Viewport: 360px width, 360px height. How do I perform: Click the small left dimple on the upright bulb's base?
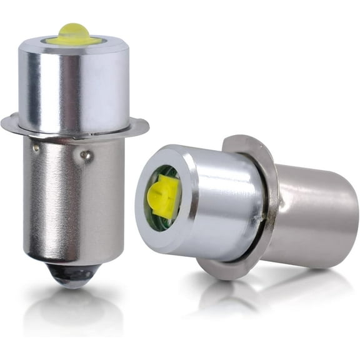[36, 149]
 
